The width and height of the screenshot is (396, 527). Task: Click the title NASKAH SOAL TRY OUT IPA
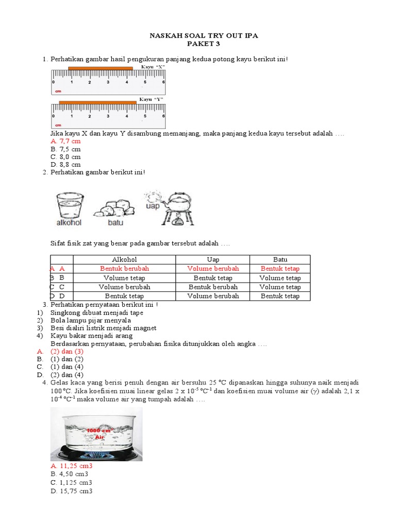tap(203, 36)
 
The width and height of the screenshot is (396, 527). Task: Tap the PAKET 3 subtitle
tap(203, 44)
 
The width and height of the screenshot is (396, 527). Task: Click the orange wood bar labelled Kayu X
tap(101, 68)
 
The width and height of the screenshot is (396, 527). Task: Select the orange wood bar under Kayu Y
tap(97, 102)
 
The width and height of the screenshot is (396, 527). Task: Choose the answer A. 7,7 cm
tap(65, 141)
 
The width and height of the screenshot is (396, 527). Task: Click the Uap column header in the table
tap(213, 259)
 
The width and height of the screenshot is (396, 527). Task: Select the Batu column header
tap(280, 259)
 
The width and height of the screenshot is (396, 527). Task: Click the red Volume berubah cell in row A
tap(213, 269)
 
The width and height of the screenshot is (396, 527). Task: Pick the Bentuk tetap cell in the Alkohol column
tap(124, 296)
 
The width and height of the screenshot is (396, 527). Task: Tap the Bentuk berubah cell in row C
tap(213, 287)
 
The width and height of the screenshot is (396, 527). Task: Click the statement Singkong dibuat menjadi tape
tap(97, 312)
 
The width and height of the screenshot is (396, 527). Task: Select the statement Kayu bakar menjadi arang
tap(91, 336)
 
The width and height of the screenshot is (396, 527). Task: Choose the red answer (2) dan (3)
tap(72, 351)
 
